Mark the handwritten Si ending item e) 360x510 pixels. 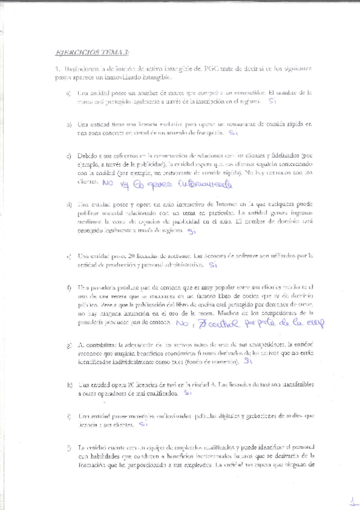(x=213, y=264)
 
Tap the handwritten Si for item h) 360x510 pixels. (x=188, y=393)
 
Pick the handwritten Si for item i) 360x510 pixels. (x=143, y=423)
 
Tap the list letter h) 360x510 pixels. (x=69, y=384)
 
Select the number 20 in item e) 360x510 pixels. (x=124, y=255)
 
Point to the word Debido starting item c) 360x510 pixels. (x=87, y=156)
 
